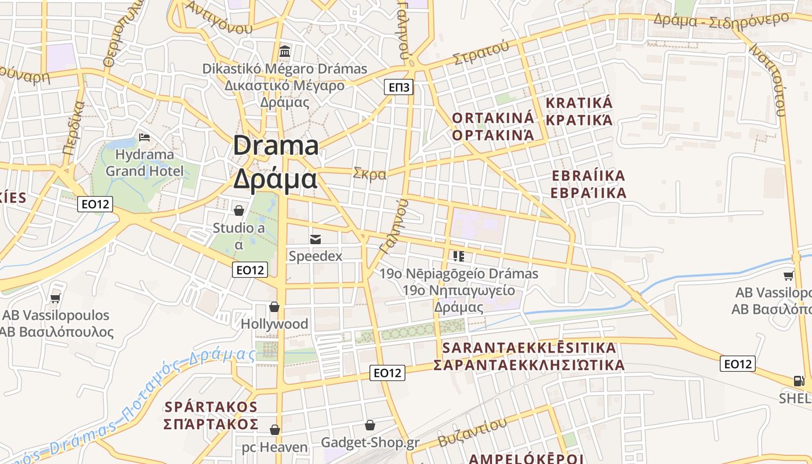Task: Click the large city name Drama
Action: point(276,146)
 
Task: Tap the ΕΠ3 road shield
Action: point(398,88)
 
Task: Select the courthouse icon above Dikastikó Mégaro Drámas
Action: point(285,52)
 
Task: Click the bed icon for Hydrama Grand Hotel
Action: point(144,137)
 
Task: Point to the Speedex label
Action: point(316,256)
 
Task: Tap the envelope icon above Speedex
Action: point(316,239)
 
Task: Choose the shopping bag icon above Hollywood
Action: point(274,306)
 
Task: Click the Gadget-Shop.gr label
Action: point(371,443)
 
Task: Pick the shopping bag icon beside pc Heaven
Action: point(275,430)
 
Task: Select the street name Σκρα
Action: point(369,173)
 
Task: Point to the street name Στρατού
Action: point(481,53)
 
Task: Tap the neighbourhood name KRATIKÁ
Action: point(579,103)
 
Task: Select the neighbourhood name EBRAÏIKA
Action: point(588,176)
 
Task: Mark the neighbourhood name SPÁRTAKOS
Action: point(211,405)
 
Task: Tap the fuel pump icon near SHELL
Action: point(799,381)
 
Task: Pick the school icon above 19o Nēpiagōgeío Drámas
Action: point(459,256)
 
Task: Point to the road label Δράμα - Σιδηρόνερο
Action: point(721,19)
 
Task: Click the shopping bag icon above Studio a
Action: point(238,210)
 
